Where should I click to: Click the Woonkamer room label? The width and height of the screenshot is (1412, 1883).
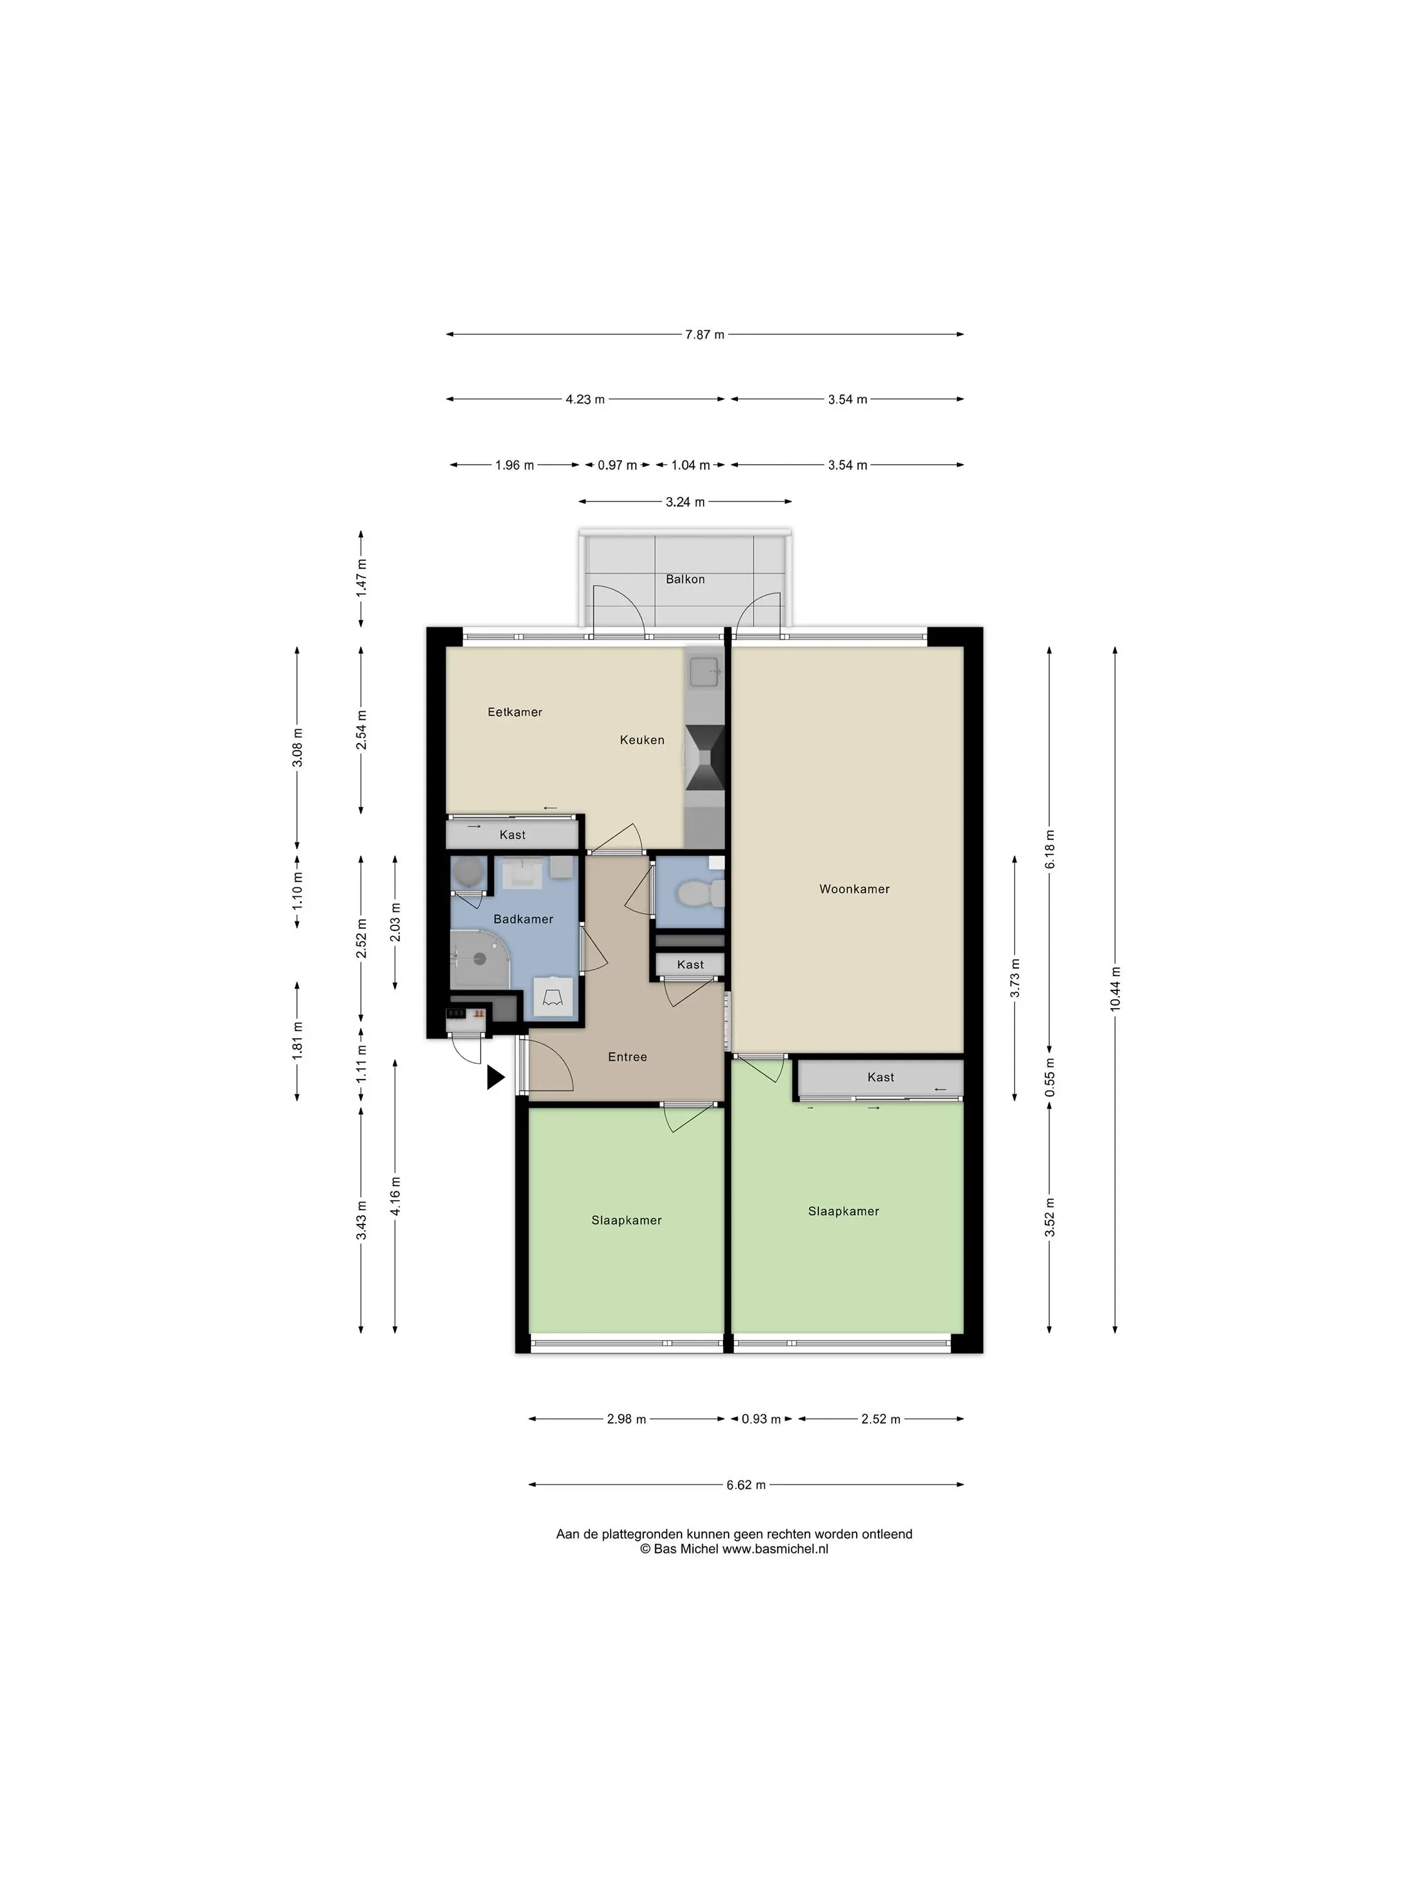(x=853, y=889)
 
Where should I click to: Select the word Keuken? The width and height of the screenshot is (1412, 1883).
(x=642, y=740)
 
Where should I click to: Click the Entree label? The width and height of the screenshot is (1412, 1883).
(x=628, y=1056)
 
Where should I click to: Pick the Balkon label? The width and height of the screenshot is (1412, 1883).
(x=685, y=579)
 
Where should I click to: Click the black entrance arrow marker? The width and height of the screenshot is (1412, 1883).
(x=495, y=1078)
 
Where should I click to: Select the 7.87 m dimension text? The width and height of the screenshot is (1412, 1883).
(x=705, y=335)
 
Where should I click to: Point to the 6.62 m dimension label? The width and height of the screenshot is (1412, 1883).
(x=746, y=1484)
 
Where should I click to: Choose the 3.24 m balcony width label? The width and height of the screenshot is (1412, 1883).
(x=685, y=502)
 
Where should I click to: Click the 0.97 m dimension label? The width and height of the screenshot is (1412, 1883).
(x=617, y=466)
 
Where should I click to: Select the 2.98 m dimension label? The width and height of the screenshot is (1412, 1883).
(x=626, y=1419)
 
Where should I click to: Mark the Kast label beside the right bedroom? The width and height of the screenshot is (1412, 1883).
(x=880, y=1077)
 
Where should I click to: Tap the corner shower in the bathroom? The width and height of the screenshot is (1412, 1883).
(x=478, y=958)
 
